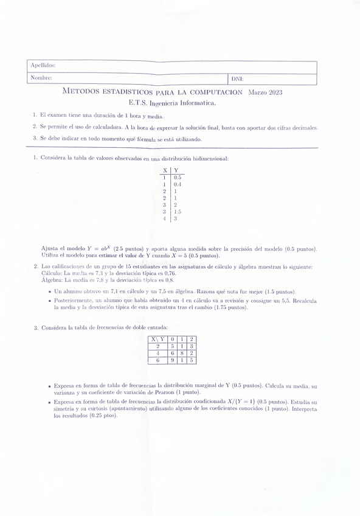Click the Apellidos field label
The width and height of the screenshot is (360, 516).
(43, 65)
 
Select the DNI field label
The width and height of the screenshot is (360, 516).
(237, 78)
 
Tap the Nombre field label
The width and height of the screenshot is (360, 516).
(41, 78)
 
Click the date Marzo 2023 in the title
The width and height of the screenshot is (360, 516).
(265, 92)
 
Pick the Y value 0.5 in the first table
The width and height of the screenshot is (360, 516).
(177, 177)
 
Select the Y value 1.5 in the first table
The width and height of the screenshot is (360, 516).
(177, 212)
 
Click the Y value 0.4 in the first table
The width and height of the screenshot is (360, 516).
(177, 184)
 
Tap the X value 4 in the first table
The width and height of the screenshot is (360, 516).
(164, 218)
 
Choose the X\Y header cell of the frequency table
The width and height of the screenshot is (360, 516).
(158, 339)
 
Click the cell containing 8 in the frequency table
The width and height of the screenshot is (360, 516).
(182, 353)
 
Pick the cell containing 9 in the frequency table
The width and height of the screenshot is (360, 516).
(173, 360)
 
